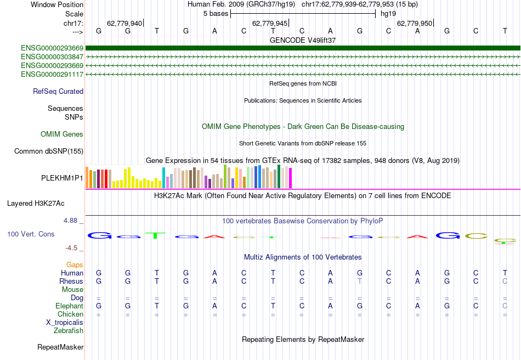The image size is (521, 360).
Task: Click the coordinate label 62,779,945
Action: pyautogui.click(x=269, y=24)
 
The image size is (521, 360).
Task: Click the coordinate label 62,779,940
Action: pyautogui.click(x=124, y=24)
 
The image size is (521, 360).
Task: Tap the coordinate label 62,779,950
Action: pyautogui.click(x=414, y=24)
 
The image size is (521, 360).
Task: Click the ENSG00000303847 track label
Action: pyautogui.click(x=52, y=57)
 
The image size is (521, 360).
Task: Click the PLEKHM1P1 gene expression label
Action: pyautogui.click(x=62, y=178)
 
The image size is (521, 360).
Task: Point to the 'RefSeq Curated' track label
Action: pyautogui.click(x=58, y=92)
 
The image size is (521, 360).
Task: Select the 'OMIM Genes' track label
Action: pyautogui.click(x=62, y=134)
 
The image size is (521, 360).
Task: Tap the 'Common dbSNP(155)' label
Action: pyautogui.click(x=49, y=151)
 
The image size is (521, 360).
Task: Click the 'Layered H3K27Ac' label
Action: pyautogui.click(x=36, y=204)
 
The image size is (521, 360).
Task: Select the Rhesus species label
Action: pyautogui.click(x=71, y=282)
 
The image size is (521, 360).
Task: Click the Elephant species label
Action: pyautogui.click(x=69, y=306)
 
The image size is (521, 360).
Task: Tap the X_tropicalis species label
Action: pyautogui.click(x=65, y=323)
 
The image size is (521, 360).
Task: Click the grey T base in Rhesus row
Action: pyautogui.click(x=360, y=282)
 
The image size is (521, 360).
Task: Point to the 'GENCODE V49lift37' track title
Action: pyautogui.click(x=303, y=41)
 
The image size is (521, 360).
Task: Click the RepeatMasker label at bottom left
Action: pyautogui.click(x=60, y=347)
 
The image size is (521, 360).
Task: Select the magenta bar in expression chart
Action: pyautogui.click(x=290, y=177)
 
